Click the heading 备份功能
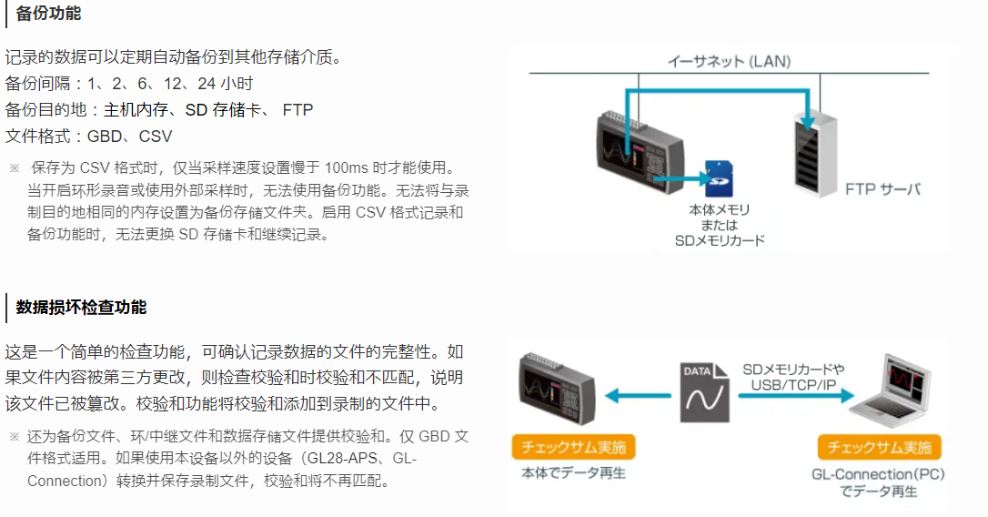48,15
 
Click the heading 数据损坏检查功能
81,308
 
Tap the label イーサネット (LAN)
729,62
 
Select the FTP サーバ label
882,189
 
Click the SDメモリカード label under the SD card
719,241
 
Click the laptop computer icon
897,392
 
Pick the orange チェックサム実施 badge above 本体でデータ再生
573,448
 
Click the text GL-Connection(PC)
876,474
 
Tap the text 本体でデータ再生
573,473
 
